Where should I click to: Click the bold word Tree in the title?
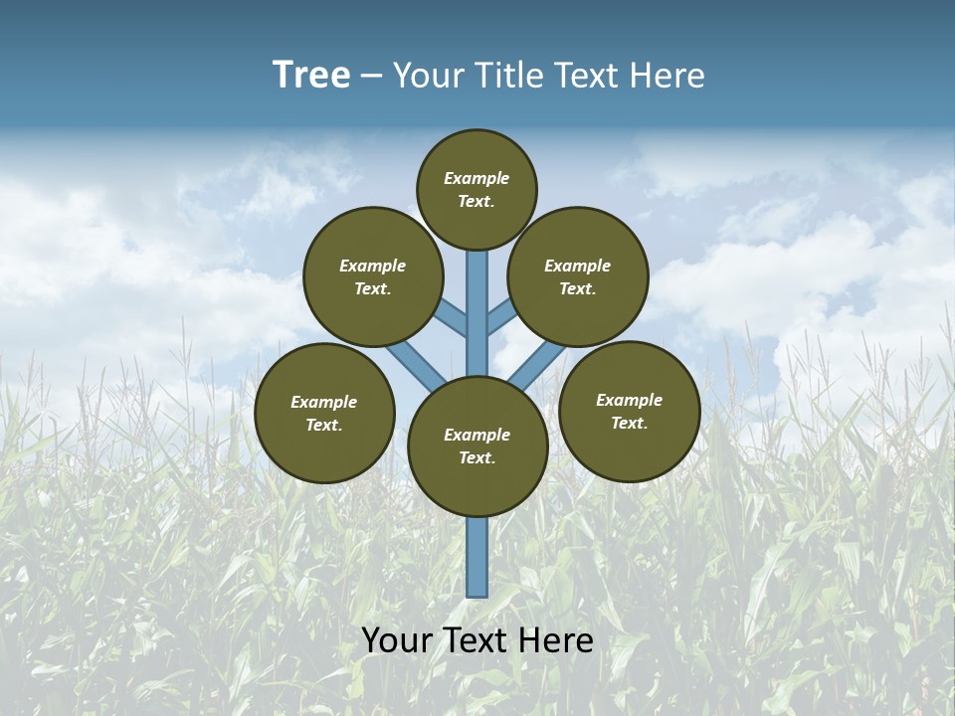click(311, 76)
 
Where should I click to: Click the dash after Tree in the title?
click(371, 77)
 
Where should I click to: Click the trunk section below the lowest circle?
click(477, 557)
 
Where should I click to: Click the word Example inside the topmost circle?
click(477, 179)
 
